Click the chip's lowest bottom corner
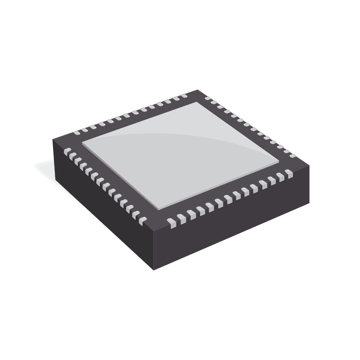tap(153, 270)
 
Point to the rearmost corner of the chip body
tap(198, 90)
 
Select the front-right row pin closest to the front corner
tap(171, 221)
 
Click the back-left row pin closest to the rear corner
tap(184, 96)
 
